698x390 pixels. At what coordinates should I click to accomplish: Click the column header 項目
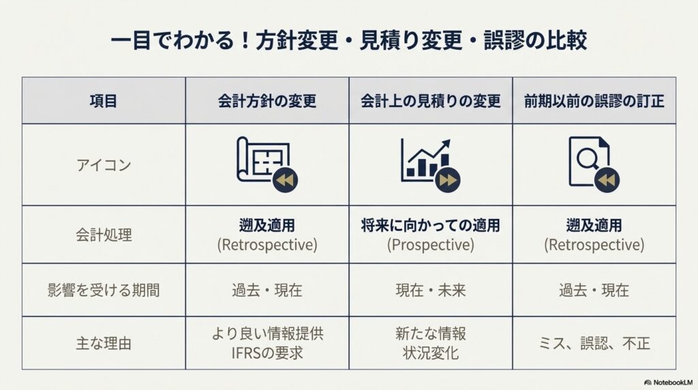104,101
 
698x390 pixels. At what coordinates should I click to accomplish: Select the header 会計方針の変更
267,101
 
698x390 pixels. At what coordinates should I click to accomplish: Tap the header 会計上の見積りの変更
431,101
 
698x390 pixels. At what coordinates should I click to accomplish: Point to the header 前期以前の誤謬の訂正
594,101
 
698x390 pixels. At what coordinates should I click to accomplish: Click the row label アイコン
104,165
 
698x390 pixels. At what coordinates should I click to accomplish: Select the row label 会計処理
104,235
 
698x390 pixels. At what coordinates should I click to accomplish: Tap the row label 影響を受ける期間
104,290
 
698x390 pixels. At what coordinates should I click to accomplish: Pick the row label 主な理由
104,343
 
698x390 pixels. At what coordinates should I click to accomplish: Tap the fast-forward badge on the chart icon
448,180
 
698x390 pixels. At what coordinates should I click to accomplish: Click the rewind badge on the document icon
606,180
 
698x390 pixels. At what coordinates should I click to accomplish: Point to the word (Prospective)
431,244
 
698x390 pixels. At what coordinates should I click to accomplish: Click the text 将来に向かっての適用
431,225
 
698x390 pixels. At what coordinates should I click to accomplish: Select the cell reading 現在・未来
431,290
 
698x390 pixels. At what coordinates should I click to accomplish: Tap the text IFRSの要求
267,353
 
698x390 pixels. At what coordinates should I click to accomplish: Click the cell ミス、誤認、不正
594,343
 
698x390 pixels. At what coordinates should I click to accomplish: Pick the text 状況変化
431,353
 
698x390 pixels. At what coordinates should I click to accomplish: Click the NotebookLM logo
668,382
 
